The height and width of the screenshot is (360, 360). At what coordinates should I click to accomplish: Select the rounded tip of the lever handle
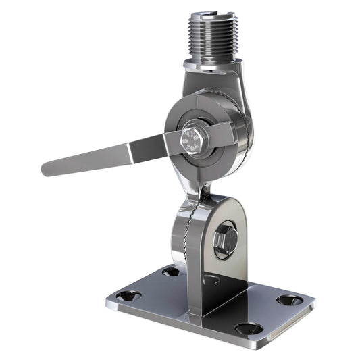[49, 168]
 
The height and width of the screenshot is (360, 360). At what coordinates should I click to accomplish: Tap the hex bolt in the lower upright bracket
[225, 238]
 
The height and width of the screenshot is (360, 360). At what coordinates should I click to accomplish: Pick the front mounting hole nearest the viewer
[249, 328]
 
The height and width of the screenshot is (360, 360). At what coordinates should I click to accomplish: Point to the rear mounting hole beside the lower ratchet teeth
[170, 271]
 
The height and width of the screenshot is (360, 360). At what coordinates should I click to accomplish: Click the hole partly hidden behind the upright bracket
[211, 277]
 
